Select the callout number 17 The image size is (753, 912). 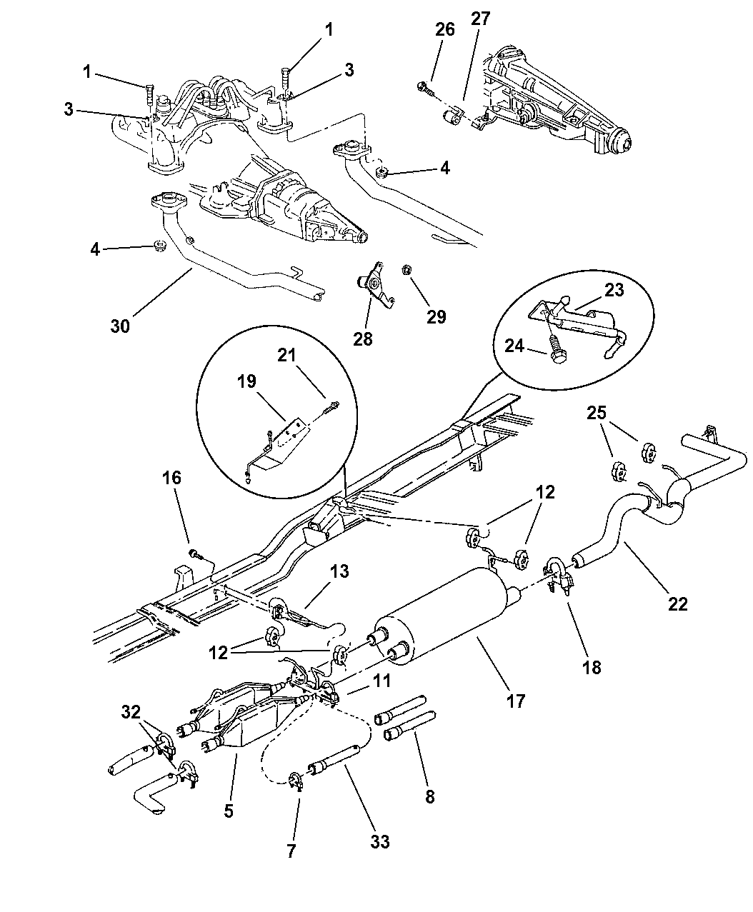(515, 701)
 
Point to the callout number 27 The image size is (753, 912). (481, 19)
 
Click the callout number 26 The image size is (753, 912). (444, 29)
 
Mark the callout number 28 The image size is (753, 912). (363, 338)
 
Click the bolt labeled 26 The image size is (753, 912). (424, 88)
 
